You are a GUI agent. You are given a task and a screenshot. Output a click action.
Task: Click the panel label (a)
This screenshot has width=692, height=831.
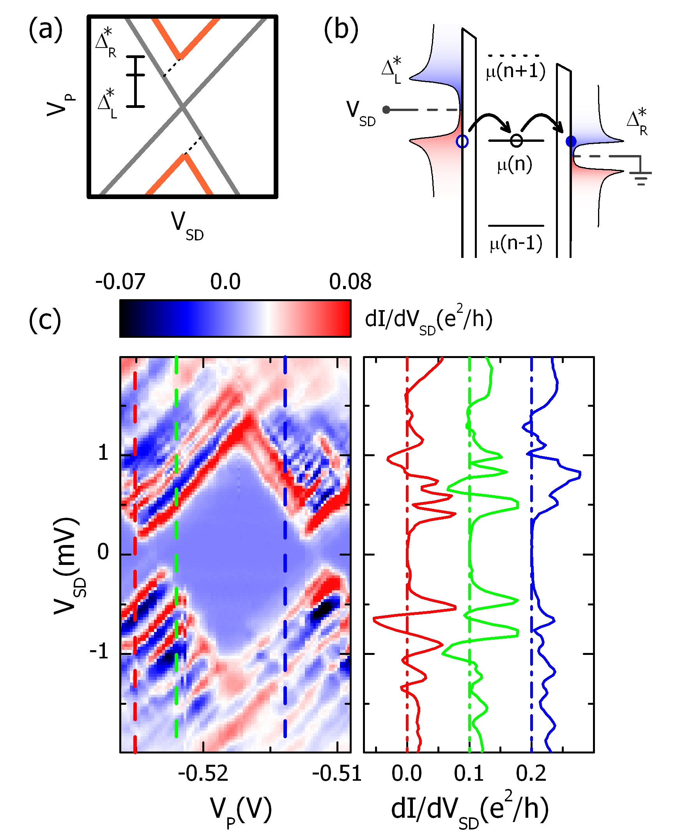46,30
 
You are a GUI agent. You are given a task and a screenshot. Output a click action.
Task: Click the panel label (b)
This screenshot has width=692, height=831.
340,30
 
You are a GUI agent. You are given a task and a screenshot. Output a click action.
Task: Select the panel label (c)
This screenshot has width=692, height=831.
45,321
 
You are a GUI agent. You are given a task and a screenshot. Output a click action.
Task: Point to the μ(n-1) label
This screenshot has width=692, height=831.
516,243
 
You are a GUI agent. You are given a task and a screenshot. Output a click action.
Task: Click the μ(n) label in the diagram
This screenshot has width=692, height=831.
515,164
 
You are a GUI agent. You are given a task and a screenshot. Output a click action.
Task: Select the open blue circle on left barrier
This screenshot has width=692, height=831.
462,141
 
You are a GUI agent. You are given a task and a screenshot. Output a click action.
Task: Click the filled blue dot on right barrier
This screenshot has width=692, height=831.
571,141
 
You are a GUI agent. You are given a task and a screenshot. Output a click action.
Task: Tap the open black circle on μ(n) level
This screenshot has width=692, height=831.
516,141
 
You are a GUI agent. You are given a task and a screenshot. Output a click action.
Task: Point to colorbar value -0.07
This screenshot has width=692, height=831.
120,282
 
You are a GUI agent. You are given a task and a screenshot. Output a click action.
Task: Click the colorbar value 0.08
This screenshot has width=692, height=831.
350,282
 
